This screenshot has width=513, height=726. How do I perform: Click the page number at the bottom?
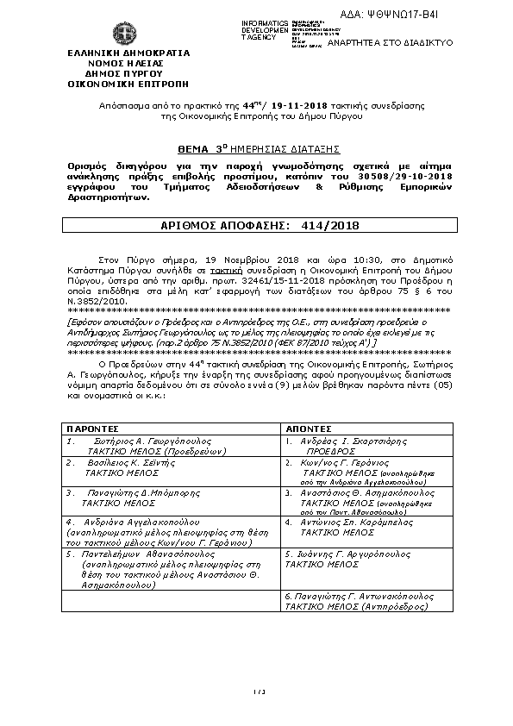[257, 692]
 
